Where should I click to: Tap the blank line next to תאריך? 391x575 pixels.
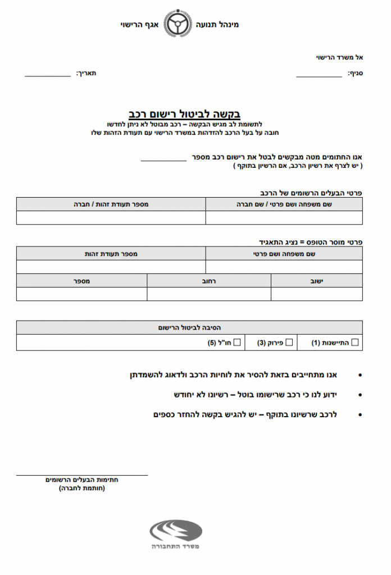click(47, 75)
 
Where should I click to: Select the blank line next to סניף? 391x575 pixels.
click(319, 75)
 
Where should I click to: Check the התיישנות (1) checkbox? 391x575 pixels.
click(354, 342)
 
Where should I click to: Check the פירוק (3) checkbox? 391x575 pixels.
click(289, 342)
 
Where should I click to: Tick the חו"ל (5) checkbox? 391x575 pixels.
click(237, 342)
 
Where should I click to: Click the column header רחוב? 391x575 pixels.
click(208, 280)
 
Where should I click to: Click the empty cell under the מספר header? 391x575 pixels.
click(81, 294)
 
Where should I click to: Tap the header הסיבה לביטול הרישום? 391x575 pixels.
click(189, 327)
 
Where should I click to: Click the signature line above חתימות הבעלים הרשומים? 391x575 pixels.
click(82, 474)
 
